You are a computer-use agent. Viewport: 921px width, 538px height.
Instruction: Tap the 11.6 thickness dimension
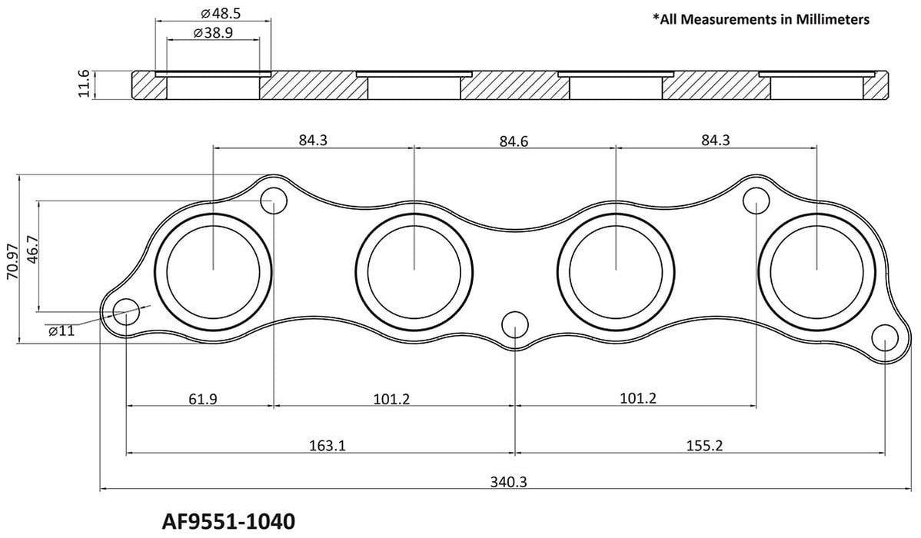point(85,84)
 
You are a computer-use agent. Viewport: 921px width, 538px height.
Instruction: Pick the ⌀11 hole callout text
point(61,330)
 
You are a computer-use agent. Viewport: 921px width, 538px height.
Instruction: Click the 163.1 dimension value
point(321,444)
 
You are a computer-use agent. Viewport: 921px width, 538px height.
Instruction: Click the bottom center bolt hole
point(514,325)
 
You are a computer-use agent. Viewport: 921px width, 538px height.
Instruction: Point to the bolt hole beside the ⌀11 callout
point(127,314)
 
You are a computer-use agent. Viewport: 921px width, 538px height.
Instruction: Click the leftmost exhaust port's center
point(213,268)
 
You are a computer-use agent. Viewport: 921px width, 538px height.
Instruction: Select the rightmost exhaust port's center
point(816,268)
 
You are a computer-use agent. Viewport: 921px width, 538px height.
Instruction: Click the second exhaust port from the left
point(414,268)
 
